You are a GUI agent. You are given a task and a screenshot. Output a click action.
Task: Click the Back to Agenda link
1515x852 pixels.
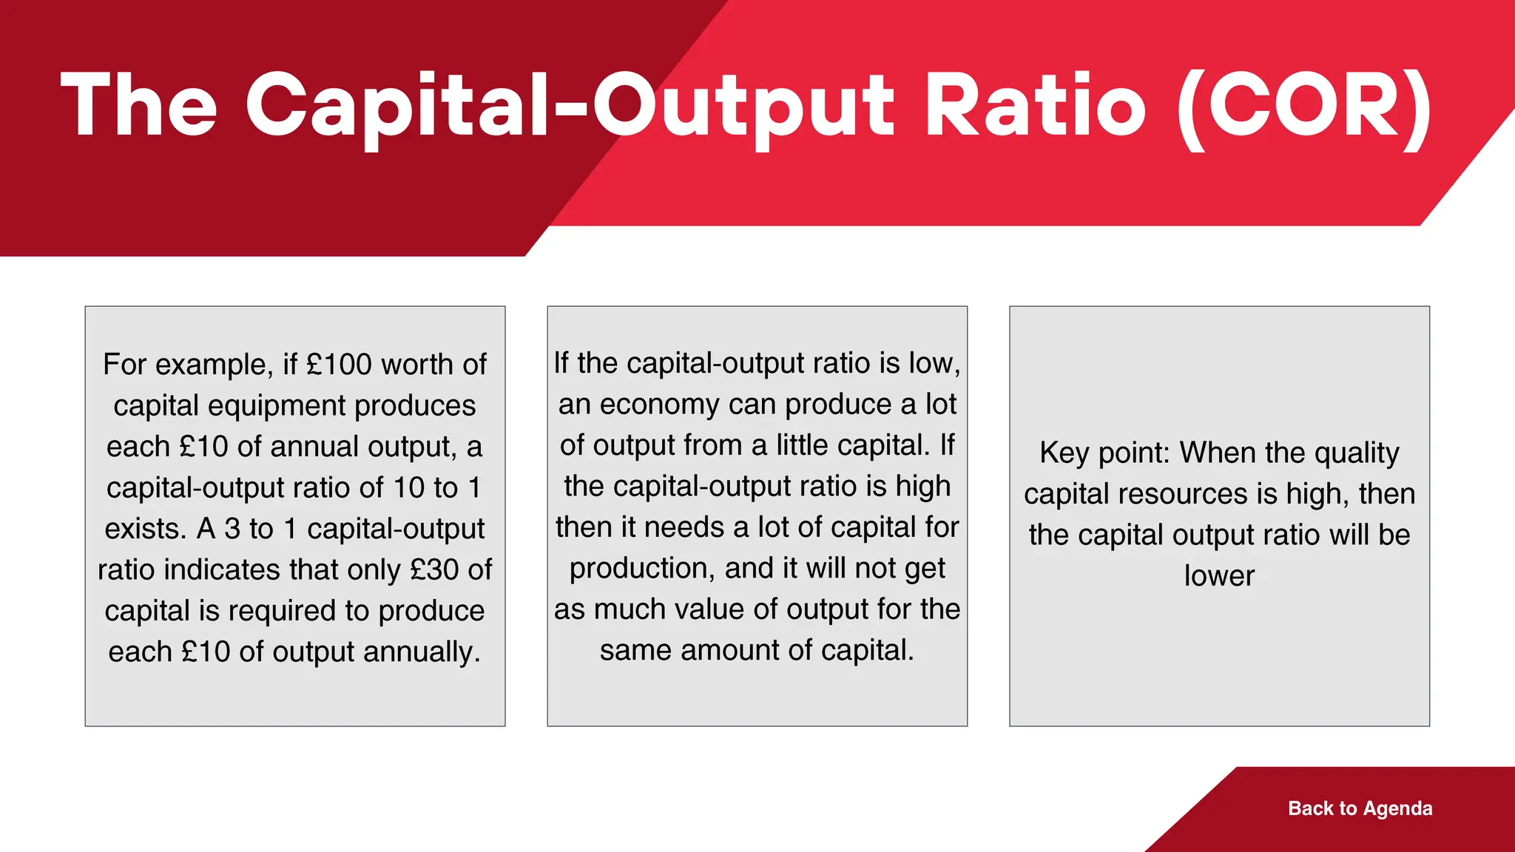click(x=1360, y=808)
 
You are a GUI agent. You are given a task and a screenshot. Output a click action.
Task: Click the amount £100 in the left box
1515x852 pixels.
click(x=339, y=365)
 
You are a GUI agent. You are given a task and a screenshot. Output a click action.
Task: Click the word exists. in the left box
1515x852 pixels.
click(x=145, y=529)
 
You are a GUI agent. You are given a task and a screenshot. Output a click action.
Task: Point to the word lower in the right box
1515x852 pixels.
click(x=1219, y=576)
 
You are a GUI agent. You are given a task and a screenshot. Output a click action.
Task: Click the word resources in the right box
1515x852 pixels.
click(x=1183, y=494)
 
